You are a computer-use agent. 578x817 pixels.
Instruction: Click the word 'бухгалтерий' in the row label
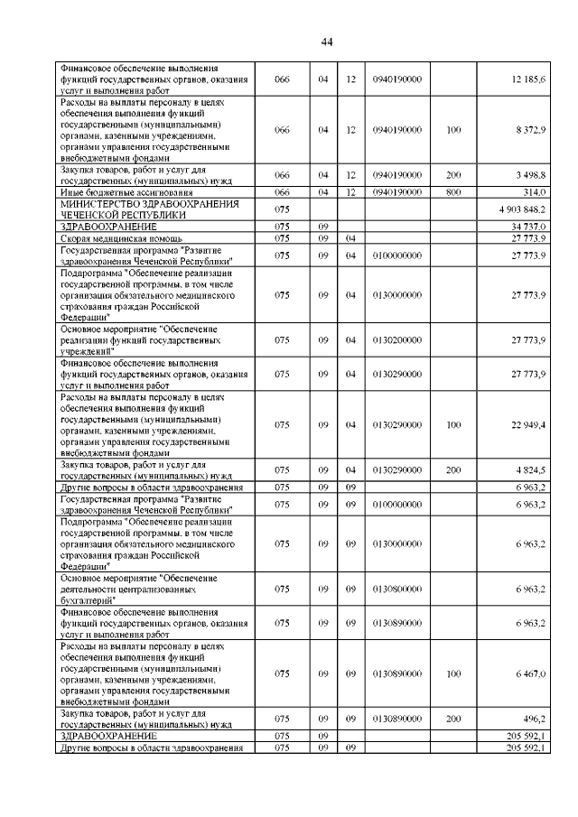point(89,599)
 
